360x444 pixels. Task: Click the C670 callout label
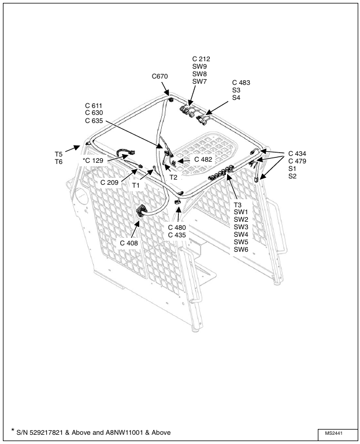160,76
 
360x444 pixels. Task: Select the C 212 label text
201,59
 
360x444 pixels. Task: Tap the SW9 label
199,66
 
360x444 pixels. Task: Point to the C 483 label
241,83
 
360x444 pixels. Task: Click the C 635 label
94,121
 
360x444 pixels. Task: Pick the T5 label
58,154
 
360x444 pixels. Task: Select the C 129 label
94,161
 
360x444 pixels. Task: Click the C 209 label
109,182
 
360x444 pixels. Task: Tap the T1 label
136,185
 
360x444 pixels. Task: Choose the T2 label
173,177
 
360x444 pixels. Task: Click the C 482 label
203,159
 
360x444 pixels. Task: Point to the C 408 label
129,243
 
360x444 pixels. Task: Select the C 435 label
177,235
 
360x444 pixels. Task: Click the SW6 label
241,249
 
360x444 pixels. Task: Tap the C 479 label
297,161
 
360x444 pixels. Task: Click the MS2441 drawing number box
337,433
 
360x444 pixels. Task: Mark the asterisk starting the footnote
13,431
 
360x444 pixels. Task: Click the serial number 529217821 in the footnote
46,432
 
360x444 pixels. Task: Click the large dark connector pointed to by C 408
142,211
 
